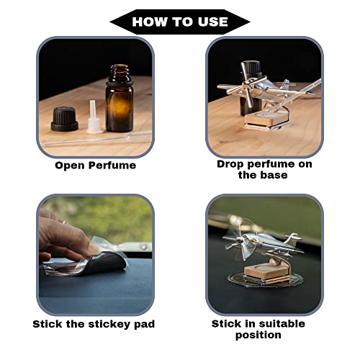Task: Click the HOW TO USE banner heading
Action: click(180, 22)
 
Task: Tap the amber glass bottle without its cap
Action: click(120, 99)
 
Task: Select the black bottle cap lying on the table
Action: click(65, 120)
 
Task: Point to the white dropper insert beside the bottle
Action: click(94, 117)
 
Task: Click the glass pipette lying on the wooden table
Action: click(96, 140)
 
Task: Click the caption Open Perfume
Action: click(95, 166)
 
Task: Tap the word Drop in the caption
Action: click(230, 164)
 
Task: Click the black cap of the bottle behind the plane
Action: click(251, 68)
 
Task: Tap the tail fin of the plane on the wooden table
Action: click(285, 84)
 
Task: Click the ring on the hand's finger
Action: click(64, 222)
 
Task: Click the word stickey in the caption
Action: click(109, 324)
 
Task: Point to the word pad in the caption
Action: click(144, 324)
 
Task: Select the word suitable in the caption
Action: click(282, 324)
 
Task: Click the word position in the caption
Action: click(258, 335)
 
